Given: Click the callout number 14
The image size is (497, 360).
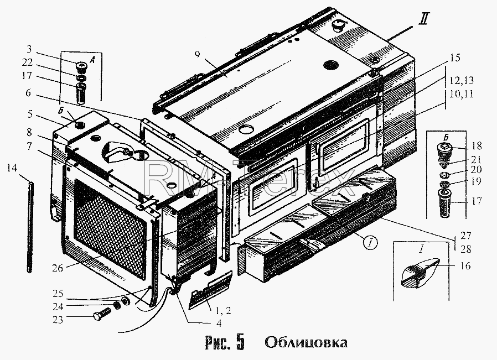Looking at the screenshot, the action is [x=12, y=168].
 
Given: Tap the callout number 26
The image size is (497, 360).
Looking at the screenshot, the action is [x=58, y=268].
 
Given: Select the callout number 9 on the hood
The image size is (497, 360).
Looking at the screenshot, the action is [x=198, y=54].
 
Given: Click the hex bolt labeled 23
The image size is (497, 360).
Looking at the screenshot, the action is [x=102, y=314].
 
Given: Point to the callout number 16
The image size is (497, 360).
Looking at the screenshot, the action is [x=465, y=265].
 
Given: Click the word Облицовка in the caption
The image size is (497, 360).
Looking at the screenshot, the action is [x=306, y=342].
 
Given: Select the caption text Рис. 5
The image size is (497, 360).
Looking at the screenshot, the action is [x=225, y=342].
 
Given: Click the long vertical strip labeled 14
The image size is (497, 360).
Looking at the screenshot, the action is [x=30, y=226].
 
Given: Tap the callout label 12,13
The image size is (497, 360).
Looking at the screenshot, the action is [x=460, y=80].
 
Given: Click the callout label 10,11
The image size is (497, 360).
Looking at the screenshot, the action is [x=460, y=94].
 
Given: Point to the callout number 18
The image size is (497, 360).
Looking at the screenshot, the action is [x=477, y=146].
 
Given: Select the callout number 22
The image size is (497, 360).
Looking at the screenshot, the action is [x=27, y=62].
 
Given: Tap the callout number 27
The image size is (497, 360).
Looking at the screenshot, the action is [x=466, y=236].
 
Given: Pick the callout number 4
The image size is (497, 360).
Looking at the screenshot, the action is [x=219, y=324].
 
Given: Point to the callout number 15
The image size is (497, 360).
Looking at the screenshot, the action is [x=454, y=58].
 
